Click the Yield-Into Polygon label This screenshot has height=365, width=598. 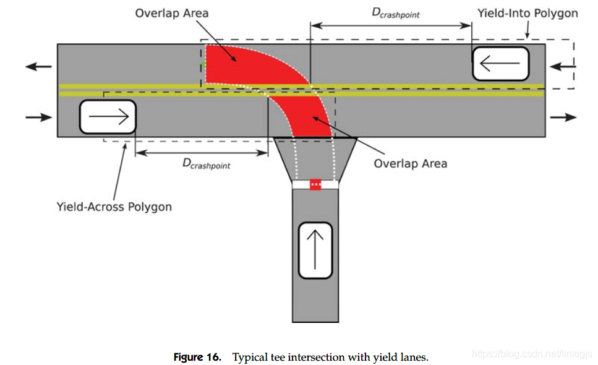(x=528, y=14)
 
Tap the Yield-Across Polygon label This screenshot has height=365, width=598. (x=114, y=207)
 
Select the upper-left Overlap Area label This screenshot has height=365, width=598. (x=172, y=14)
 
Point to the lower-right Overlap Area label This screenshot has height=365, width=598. (x=411, y=163)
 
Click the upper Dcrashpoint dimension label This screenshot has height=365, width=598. (x=396, y=13)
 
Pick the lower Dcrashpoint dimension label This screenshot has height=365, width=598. (x=207, y=163)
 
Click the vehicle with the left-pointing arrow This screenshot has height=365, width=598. (x=500, y=64)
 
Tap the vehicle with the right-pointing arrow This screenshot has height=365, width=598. (x=108, y=117)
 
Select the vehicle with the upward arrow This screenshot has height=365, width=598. (x=315, y=250)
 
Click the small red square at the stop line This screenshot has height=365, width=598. (x=315, y=184)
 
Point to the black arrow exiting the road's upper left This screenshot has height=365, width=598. (x=38, y=67)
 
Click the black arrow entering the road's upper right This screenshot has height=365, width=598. (x=563, y=67)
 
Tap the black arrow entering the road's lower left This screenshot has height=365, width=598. (x=38, y=117)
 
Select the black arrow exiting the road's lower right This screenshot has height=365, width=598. (x=563, y=117)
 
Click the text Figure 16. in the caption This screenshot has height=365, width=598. (x=197, y=358)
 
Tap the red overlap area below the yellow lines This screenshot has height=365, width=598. (x=305, y=114)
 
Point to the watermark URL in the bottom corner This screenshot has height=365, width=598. (x=532, y=354)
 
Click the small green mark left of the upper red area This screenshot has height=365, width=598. (x=203, y=64)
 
